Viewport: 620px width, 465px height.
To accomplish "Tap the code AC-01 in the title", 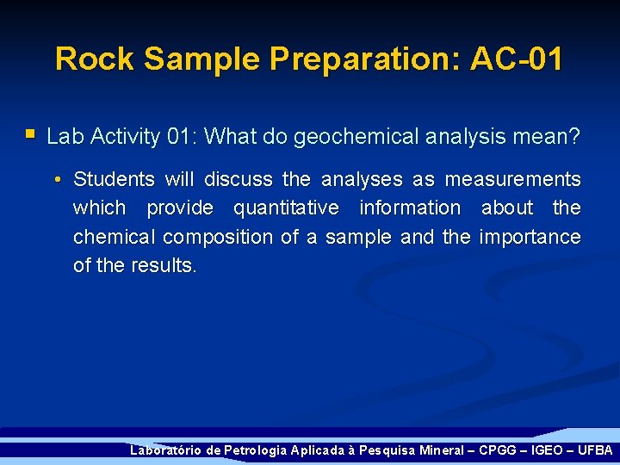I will (x=517, y=59).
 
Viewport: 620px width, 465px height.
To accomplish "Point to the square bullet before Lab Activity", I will (x=30, y=134).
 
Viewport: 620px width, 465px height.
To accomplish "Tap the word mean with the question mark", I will (x=550, y=136).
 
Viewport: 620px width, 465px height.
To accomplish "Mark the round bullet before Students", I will (x=55, y=180).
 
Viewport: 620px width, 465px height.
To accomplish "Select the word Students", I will (x=115, y=179).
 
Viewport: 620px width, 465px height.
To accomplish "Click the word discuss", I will (x=239, y=179).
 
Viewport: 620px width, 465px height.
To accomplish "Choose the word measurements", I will (x=512, y=179).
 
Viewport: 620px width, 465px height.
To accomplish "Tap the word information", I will (x=410, y=208).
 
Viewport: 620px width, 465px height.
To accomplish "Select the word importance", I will (x=530, y=237).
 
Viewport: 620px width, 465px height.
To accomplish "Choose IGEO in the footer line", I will (x=545, y=450).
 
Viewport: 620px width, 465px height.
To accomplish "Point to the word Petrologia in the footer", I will (x=256, y=450).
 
